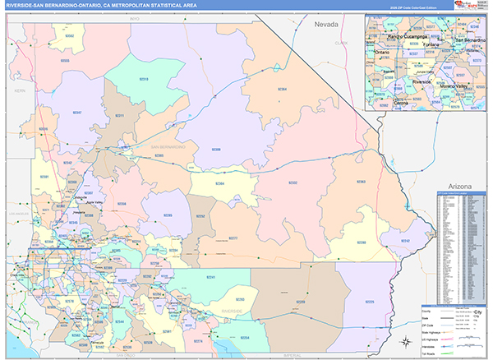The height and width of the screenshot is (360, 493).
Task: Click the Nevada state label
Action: (x=326, y=25)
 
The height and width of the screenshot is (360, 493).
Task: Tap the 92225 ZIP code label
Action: (x=369, y=302)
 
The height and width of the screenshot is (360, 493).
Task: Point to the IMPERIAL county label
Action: (x=288, y=355)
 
